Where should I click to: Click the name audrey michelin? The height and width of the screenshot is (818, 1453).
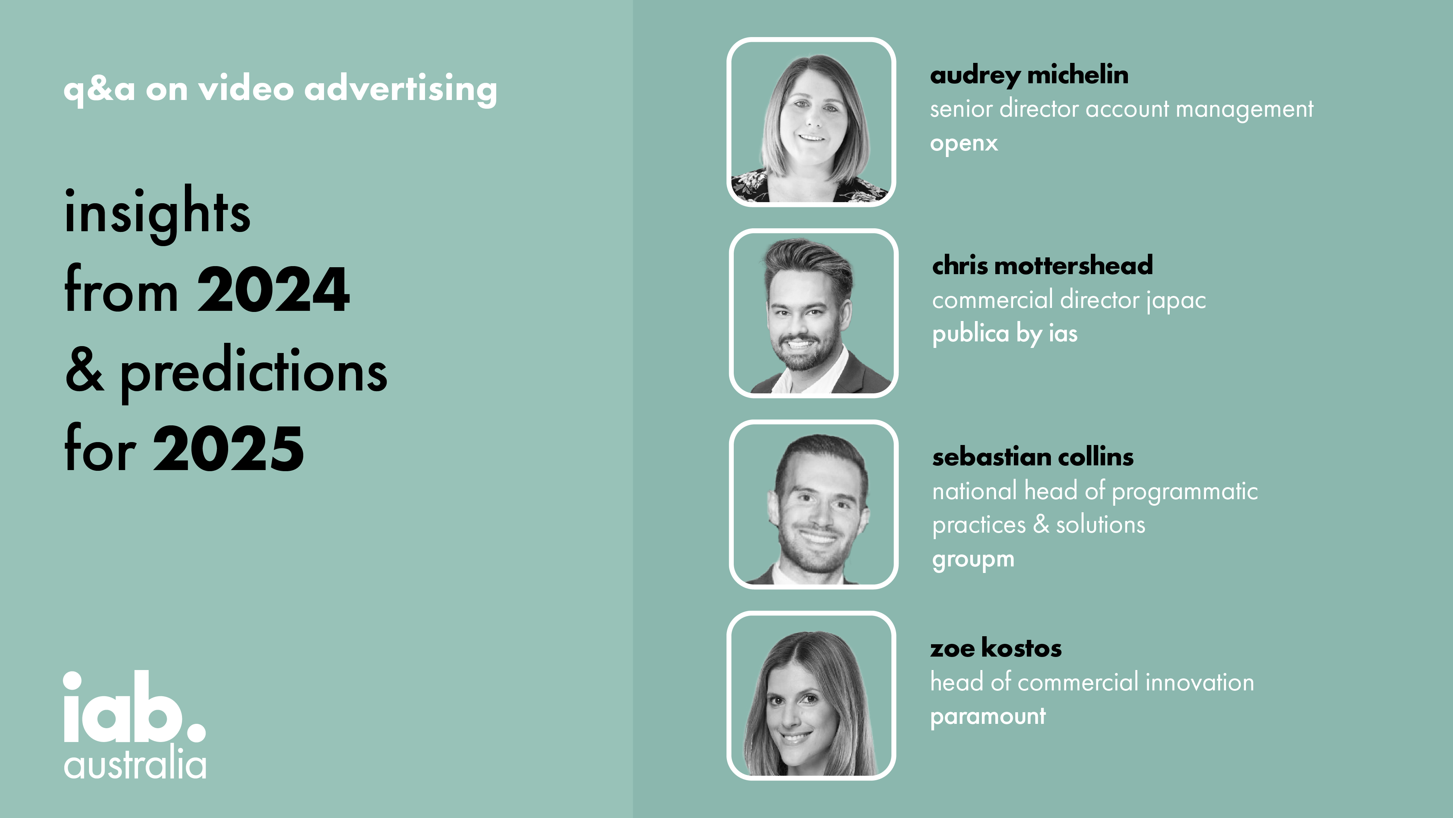[1029, 75]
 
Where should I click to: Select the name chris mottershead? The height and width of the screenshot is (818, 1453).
[1043, 265]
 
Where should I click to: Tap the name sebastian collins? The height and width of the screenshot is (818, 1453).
[1033, 457]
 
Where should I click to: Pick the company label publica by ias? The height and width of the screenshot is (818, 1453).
[1005, 334]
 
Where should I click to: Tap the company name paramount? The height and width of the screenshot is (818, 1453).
[988, 716]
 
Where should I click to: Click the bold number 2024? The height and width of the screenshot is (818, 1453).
[274, 290]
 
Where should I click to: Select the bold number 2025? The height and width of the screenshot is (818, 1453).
[228, 448]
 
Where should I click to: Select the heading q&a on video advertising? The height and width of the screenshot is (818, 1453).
[280, 89]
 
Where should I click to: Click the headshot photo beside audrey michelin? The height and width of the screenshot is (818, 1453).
[811, 122]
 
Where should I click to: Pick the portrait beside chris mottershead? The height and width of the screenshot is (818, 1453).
[813, 313]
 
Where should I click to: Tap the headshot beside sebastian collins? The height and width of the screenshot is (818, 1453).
[813, 504]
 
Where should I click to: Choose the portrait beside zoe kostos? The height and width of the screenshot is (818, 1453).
[811, 695]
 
